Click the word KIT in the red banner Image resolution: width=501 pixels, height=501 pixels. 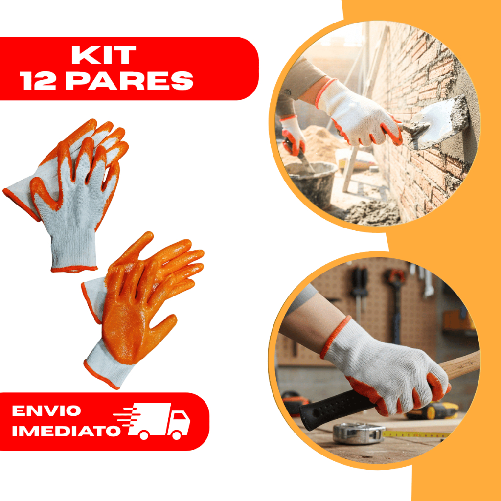pyautogui.click(x=103, y=55)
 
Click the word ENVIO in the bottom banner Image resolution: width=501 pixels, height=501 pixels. pyautogui.click(x=46, y=410)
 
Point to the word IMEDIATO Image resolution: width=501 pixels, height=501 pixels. pyautogui.click(x=66, y=431)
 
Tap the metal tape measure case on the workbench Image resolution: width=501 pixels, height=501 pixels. pyautogui.click(x=359, y=433)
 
